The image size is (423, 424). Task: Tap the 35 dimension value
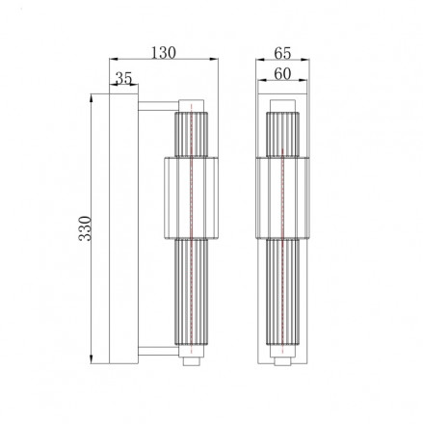(x=122, y=78)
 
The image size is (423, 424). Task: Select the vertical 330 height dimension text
(x=84, y=229)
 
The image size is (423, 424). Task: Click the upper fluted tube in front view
(x=282, y=133)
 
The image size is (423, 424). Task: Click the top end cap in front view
(x=282, y=102)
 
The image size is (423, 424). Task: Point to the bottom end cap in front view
(x=282, y=362)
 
